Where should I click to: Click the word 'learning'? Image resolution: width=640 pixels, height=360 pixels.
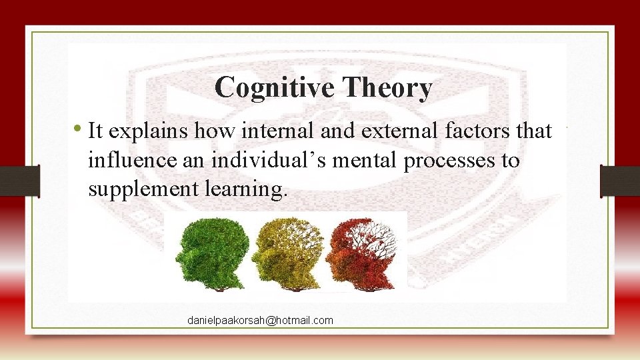(250, 190)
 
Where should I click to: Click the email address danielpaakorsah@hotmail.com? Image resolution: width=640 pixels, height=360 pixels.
(260, 321)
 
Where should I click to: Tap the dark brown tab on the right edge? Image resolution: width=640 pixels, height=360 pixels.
(619, 180)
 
